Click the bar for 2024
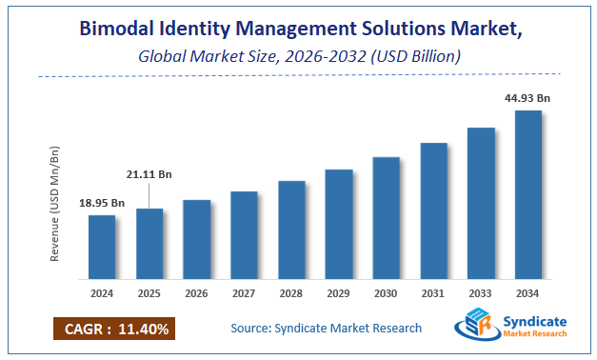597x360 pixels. click(x=102, y=247)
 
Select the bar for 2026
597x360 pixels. click(x=196, y=239)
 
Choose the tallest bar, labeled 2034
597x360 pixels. click(x=528, y=194)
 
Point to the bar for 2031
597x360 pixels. click(x=433, y=210)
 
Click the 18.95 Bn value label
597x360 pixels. click(x=102, y=203)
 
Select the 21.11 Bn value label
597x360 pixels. click(x=149, y=174)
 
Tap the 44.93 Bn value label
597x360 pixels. click(x=528, y=97)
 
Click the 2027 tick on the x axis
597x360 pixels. click(x=244, y=294)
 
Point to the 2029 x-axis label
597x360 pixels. click(x=339, y=294)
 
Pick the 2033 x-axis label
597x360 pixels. click(x=481, y=294)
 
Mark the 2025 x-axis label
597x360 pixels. click(x=149, y=294)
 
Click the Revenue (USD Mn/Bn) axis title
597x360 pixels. click(x=55, y=204)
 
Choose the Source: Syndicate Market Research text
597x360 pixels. click(x=326, y=329)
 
